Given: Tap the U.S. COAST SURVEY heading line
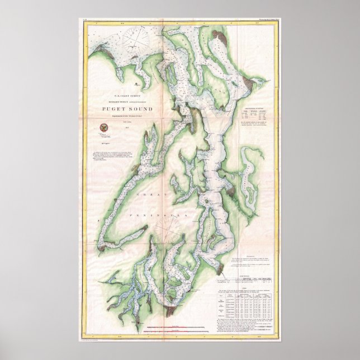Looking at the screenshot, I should click(x=117, y=97).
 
